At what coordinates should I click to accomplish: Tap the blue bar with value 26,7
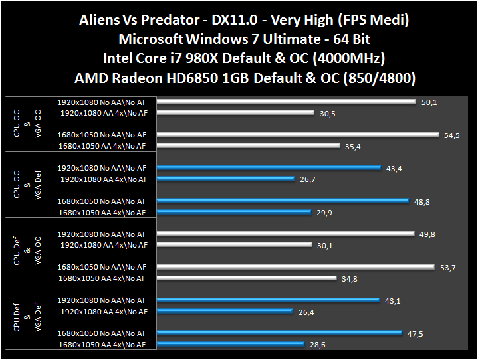[226, 179]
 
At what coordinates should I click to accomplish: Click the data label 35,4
[354, 146]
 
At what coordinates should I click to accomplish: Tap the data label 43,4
[394, 168]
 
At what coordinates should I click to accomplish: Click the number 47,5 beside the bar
[416, 333]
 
